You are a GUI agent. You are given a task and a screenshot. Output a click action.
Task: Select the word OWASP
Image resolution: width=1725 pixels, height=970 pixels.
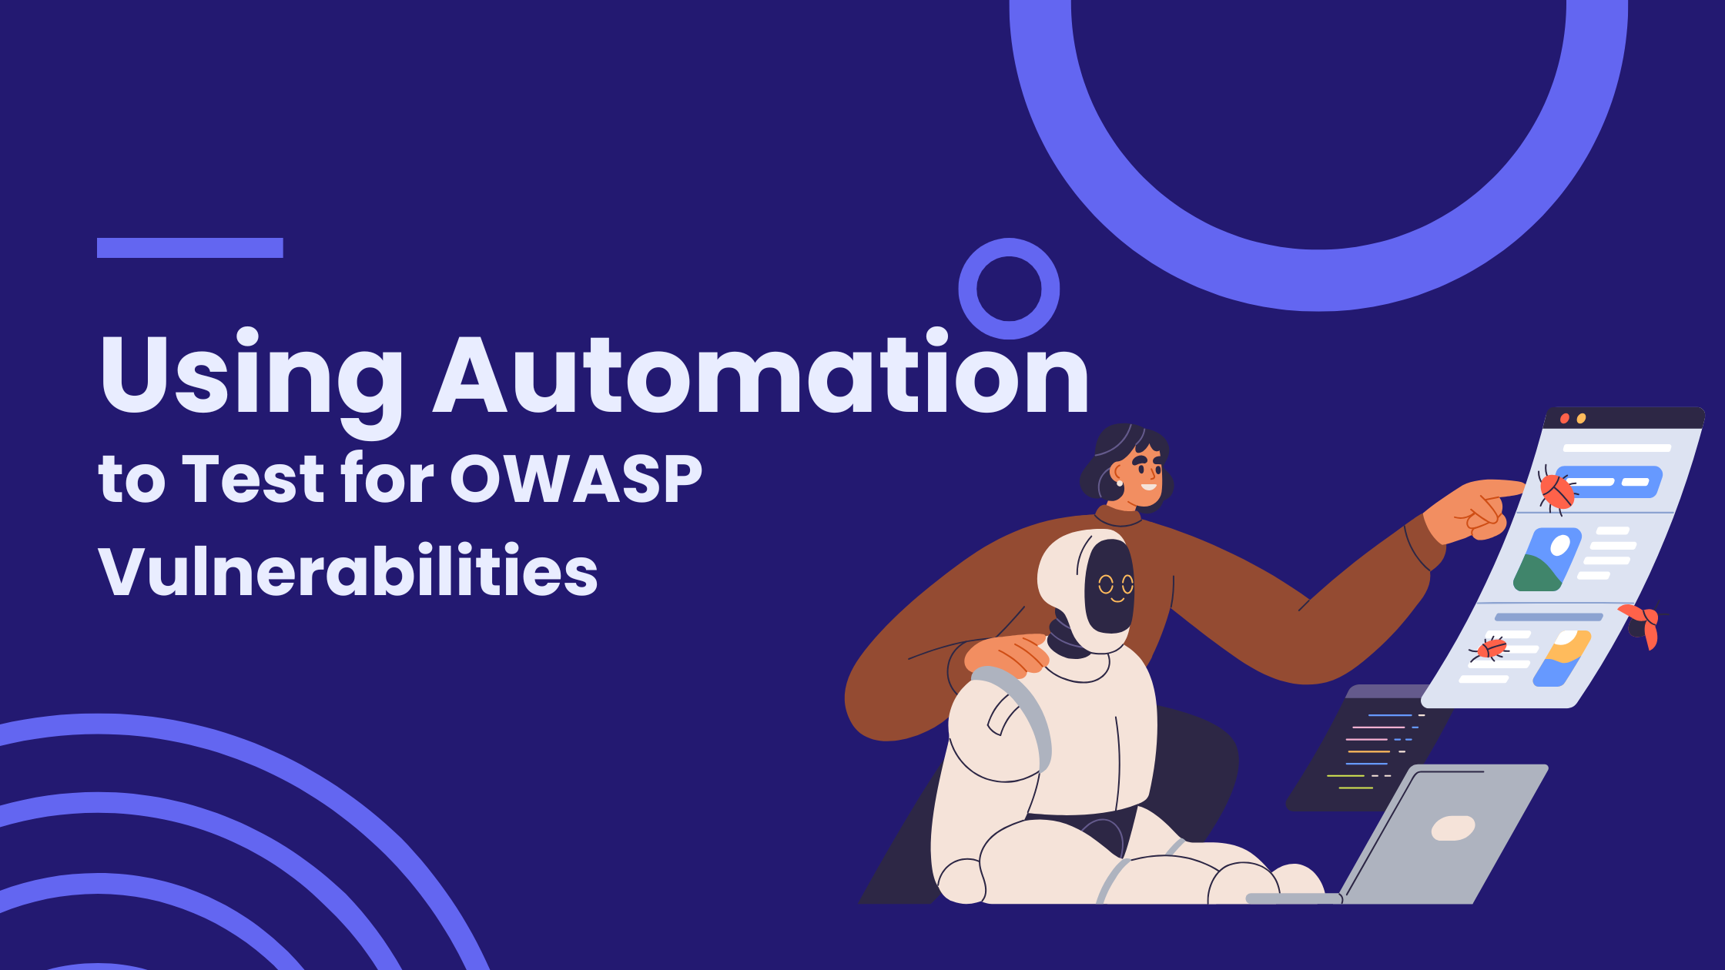click(576, 479)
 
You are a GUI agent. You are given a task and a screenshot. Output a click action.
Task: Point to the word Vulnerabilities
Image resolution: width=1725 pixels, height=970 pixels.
click(348, 570)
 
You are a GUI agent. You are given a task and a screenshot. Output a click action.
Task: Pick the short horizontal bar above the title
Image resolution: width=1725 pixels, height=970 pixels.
click(190, 248)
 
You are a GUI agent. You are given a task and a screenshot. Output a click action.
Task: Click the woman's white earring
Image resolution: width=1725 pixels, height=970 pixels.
click(1119, 483)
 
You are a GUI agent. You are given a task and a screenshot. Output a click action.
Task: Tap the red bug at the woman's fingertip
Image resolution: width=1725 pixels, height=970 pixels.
click(1556, 490)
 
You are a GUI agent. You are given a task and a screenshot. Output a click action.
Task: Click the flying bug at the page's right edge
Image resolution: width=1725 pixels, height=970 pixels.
click(1640, 624)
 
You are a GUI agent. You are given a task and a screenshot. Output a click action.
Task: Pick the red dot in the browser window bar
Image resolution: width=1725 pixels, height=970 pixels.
click(1564, 419)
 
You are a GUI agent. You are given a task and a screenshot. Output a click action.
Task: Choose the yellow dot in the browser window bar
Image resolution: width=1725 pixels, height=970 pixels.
click(1581, 419)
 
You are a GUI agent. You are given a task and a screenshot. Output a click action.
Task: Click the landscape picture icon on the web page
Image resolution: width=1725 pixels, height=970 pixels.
click(1547, 560)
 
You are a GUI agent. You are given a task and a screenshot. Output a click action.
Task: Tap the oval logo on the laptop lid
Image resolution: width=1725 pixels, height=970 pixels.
click(1453, 828)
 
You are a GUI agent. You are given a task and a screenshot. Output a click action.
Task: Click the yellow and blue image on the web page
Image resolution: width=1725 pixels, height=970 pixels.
click(1562, 658)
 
